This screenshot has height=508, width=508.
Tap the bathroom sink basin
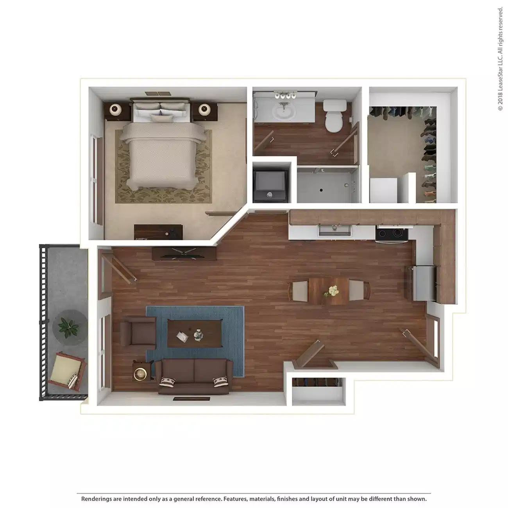(x=286, y=111)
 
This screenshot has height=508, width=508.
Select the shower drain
(x=320, y=190)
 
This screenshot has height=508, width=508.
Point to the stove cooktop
(x=392, y=233)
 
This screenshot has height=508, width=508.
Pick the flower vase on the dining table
(x=333, y=291)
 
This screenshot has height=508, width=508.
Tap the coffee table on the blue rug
(x=194, y=333)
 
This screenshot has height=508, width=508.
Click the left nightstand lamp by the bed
(x=116, y=110)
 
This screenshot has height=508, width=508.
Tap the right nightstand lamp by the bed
(x=205, y=109)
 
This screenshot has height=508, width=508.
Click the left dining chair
(x=300, y=291)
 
